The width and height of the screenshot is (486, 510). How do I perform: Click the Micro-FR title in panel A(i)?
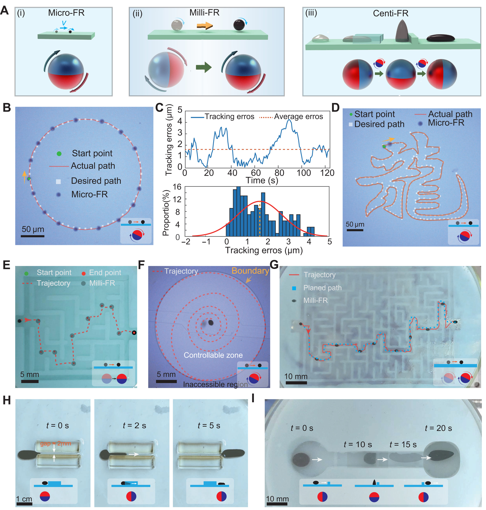pos(66,13)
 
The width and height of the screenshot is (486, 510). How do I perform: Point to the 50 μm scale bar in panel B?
pos(32,236)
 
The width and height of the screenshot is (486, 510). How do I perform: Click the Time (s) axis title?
pos(262,180)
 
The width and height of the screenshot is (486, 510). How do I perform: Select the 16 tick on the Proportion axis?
pos(177,187)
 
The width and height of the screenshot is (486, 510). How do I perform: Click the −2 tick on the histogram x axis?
pos(186,242)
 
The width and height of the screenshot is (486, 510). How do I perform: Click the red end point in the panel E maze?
pos(134,333)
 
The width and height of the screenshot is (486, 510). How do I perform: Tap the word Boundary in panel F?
pos(250,271)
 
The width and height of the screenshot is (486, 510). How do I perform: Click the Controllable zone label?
pos(213,355)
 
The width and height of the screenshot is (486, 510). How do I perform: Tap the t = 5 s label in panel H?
pos(209,426)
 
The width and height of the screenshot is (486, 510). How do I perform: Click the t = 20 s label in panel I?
pos(438,428)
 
